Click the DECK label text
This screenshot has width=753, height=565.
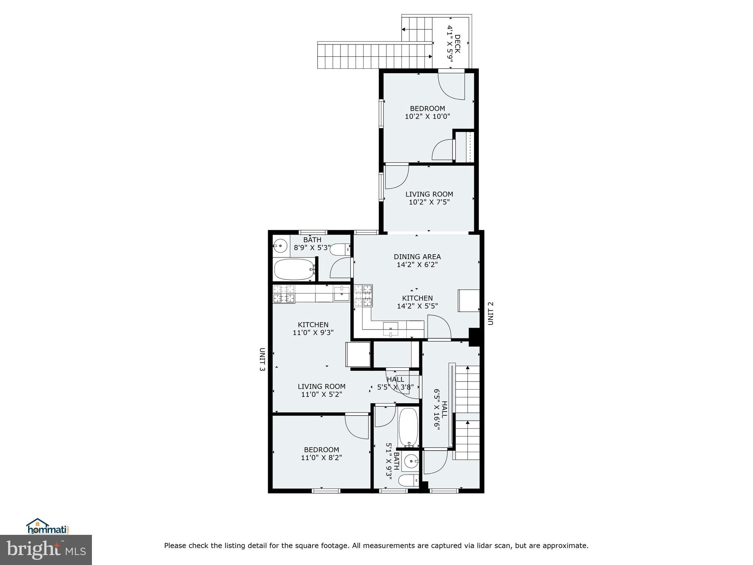(x=457, y=44)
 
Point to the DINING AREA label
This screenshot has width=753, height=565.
(x=417, y=257)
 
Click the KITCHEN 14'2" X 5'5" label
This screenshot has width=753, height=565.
(x=417, y=302)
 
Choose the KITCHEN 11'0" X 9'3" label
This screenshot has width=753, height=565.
(x=313, y=328)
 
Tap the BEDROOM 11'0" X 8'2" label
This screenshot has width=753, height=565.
(x=321, y=454)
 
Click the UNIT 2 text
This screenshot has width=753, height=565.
(x=490, y=313)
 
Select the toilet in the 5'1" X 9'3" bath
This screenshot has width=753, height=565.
(x=408, y=480)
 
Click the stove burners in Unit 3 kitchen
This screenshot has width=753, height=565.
(x=284, y=294)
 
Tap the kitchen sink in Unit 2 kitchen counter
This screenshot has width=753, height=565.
(x=390, y=330)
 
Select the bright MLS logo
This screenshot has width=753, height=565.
(x=46, y=550)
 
